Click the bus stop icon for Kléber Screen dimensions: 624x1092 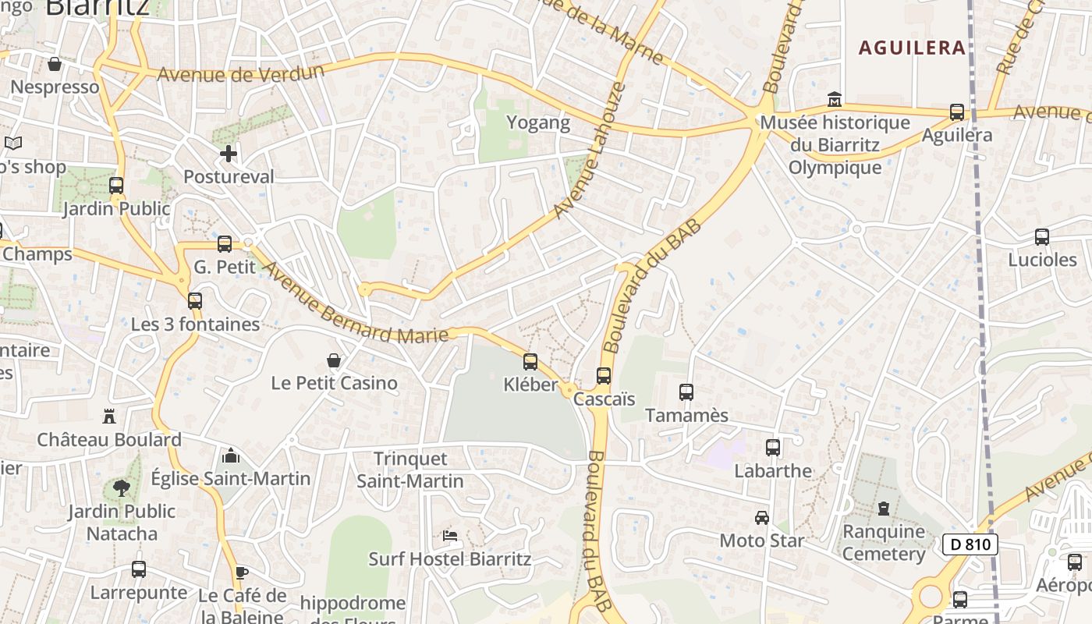(x=530, y=361)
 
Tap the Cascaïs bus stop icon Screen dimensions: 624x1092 (x=604, y=376)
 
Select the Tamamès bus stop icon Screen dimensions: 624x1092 (x=686, y=392)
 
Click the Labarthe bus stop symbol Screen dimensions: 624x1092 (x=773, y=448)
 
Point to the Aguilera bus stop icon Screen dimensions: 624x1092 (x=957, y=112)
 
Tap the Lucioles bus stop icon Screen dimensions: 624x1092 (x=1042, y=237)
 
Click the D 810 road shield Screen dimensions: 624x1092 (x=970, y=544)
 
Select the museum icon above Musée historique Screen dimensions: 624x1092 (x=835, y=100)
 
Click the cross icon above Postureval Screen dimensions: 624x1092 (x=228, y=154)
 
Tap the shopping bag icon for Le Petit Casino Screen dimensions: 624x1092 (x=334, y=360)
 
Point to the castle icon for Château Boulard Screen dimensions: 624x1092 (x=109, y=417)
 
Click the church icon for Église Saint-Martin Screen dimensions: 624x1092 (x=230, y=456)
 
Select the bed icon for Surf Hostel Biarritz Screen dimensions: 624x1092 (x=450, y=536)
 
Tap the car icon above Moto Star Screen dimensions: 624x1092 (x=761, y=517)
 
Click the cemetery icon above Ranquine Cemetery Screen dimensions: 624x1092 (x=883, y=509)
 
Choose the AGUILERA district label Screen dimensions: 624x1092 (x=912, y=48)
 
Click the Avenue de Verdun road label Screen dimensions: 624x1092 (x=240, y=73)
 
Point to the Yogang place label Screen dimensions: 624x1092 (x=538, y=122)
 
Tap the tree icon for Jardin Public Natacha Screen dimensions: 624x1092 (x=121, y=488)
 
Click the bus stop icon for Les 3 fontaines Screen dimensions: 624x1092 (x=195, y=301)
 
